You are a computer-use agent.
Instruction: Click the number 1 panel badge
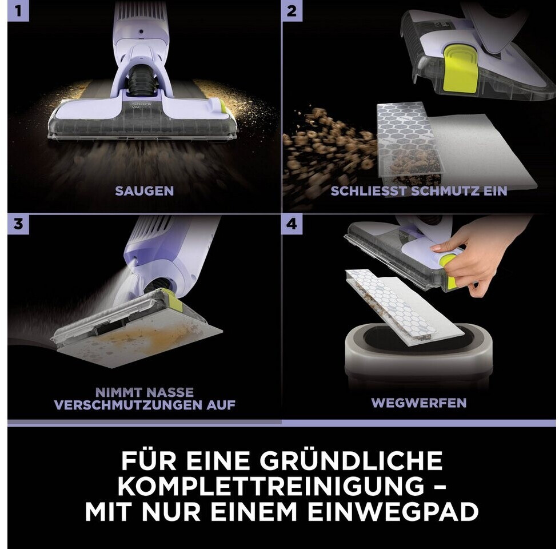click(18, 11)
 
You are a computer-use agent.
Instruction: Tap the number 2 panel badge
click(292, 11)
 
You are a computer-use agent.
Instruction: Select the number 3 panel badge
click(18, 224)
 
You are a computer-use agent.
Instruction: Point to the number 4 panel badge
click(292, 224)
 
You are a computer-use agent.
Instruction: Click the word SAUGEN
click(145, 191)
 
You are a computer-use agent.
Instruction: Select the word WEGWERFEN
click(419, 403)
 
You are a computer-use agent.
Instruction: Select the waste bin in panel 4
click(419, 357)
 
